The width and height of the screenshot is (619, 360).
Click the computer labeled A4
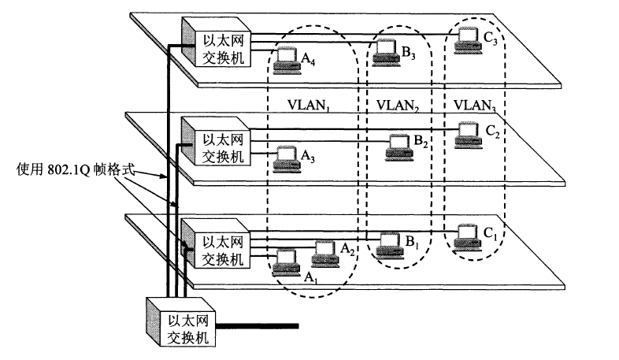click(287, 61)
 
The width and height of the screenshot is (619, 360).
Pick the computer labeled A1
click(284, 261)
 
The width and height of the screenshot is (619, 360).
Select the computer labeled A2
click(324, 252)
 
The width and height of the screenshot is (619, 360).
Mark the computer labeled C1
click(468, 235)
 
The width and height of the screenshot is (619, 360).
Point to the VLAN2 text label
click(398, 104)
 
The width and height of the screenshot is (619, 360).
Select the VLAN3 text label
click(475, 104)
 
